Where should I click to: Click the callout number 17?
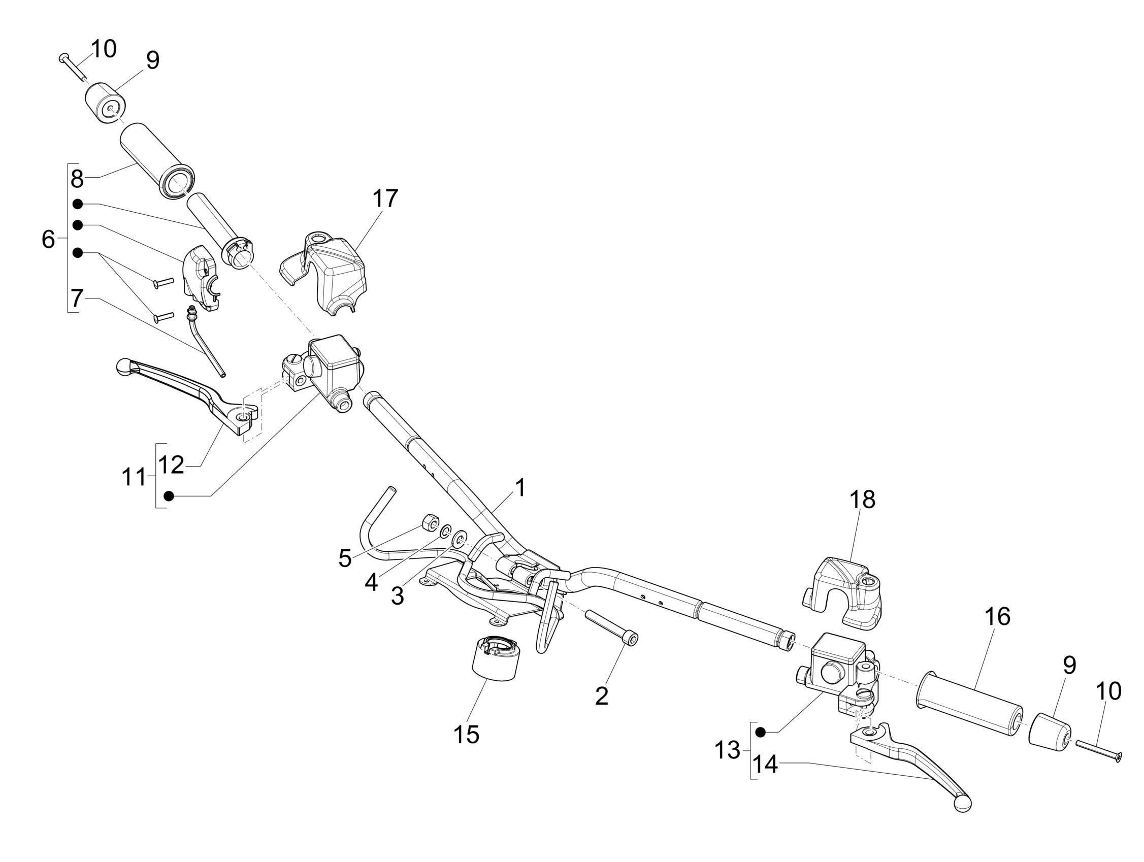point(385,198)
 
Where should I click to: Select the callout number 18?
point(862,500)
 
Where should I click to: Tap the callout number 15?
point(466,734)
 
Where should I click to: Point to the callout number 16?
point(997,616)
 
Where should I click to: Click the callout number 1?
point(520,488)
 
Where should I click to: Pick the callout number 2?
point(602,696)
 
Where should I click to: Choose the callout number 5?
point(345,558)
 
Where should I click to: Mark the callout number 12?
point(171,465)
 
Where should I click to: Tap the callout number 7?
point(77,299)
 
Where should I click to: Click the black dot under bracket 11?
point(168,496)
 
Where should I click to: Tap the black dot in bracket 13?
point(760,732)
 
